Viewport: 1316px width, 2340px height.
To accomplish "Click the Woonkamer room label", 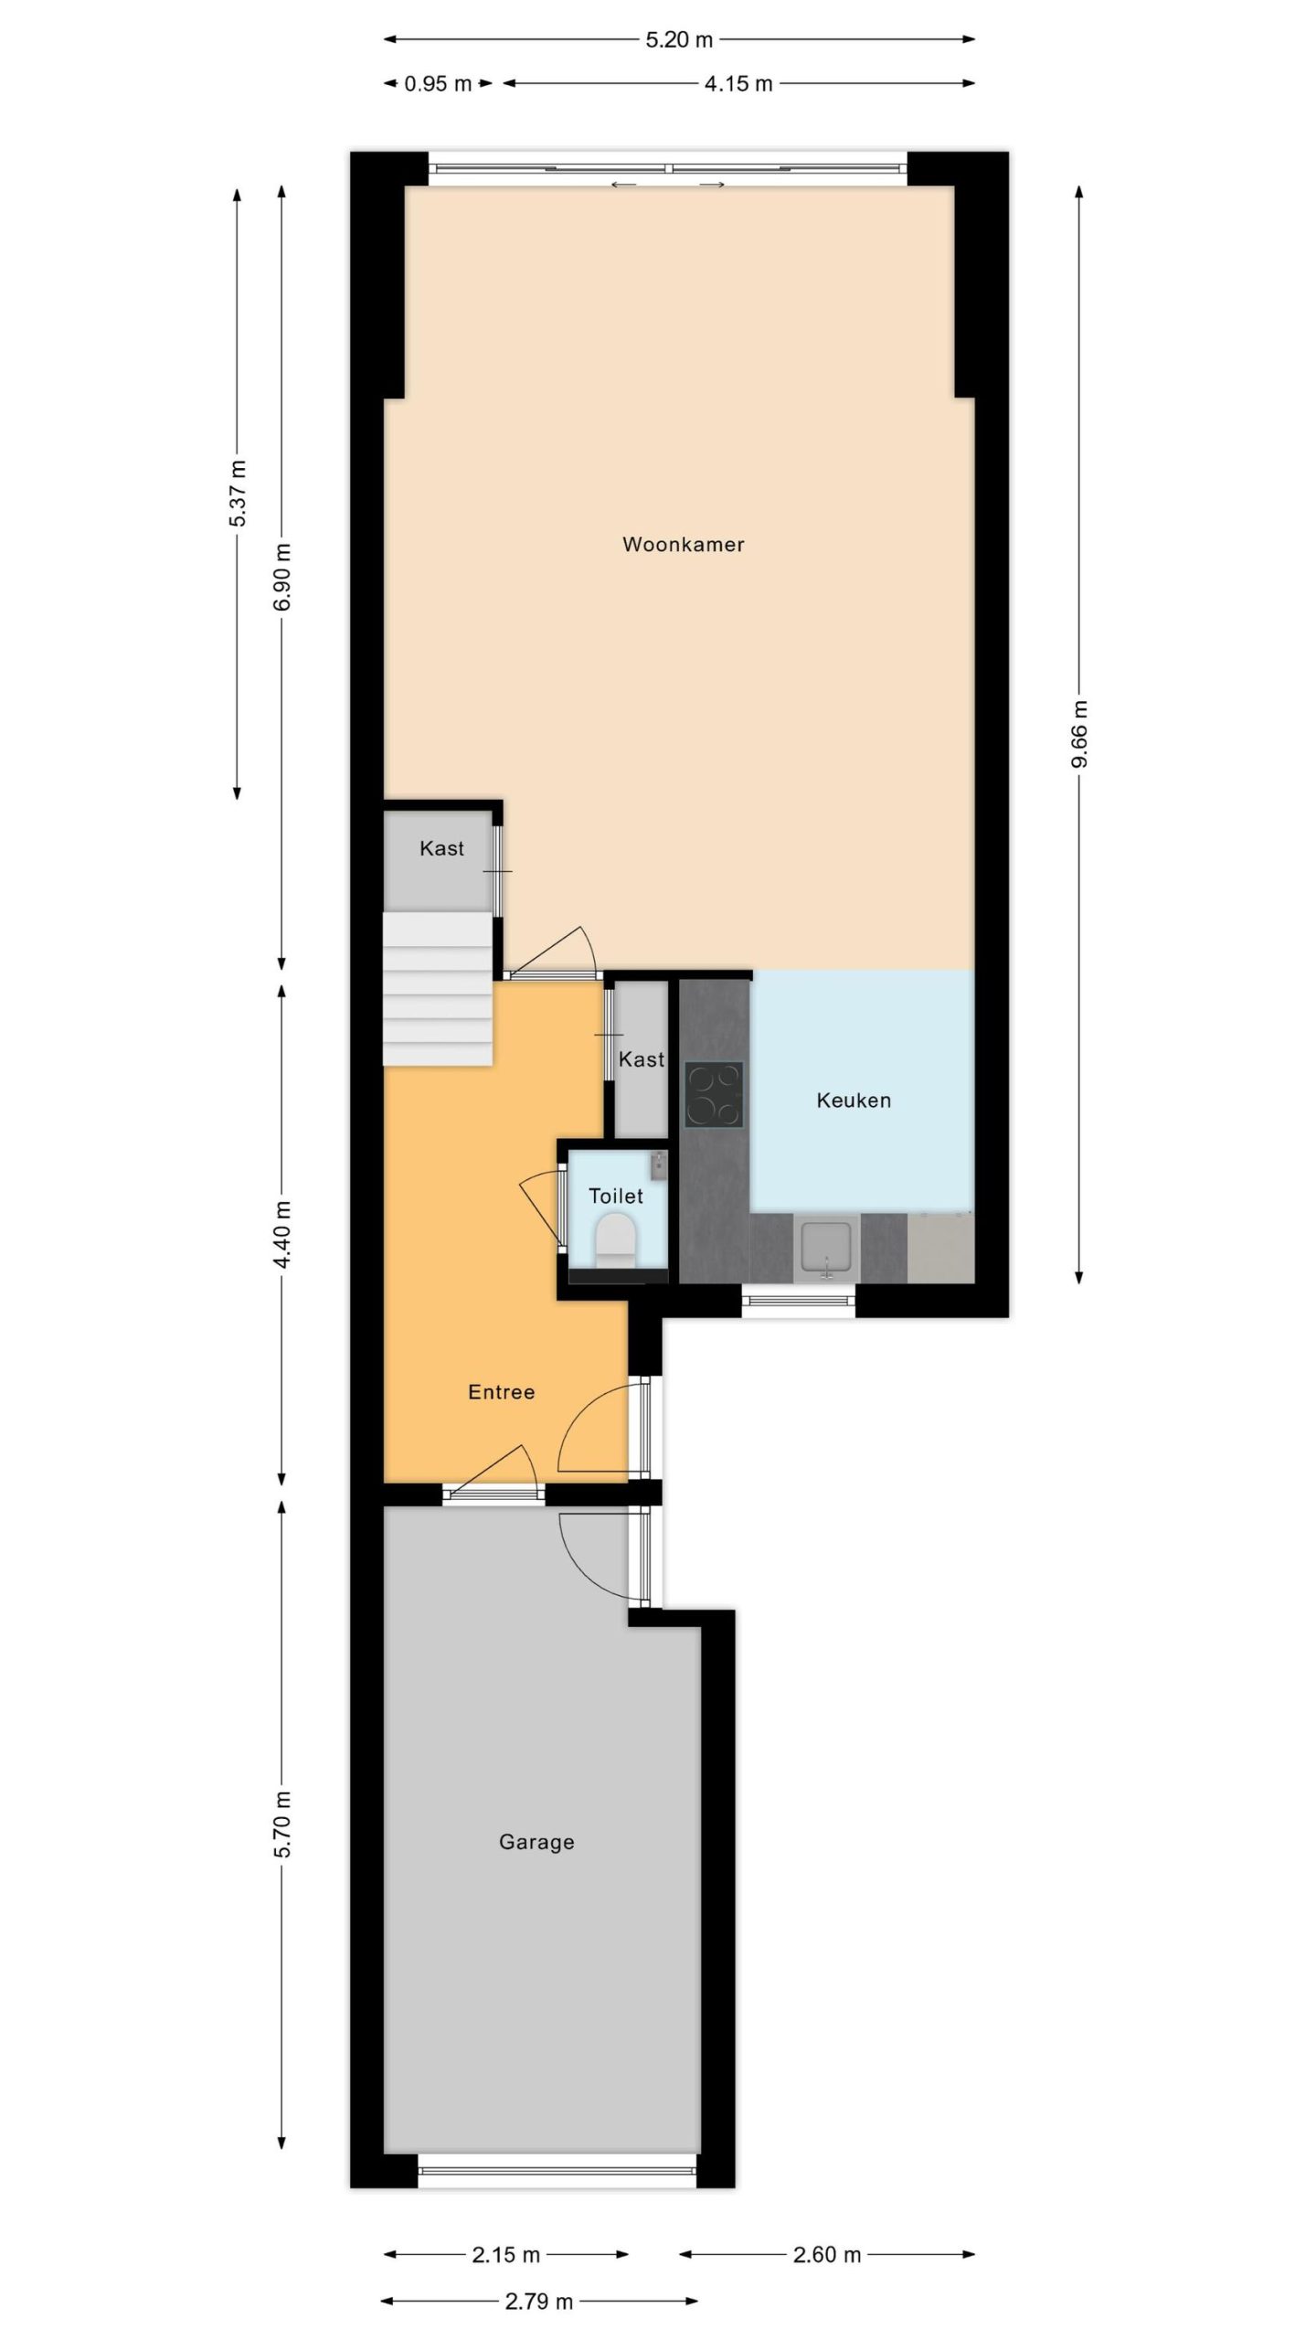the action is coord(683,545).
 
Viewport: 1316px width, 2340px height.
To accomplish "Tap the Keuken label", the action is coord(854,1101).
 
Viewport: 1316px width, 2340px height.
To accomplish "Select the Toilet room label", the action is coord(616,1196).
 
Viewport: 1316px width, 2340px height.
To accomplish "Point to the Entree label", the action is coord(501,1392).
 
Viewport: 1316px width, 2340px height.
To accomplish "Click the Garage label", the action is coord(536,1842).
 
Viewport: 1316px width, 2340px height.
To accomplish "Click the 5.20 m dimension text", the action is coord(679,39).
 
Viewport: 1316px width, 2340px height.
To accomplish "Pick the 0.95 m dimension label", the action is coord(438,84).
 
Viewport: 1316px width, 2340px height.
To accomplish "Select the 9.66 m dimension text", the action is coord(1079,734).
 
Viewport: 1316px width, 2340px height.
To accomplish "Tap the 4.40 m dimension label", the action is coord(282,1234).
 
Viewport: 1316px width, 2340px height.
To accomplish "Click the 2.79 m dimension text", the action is coord(539,2302).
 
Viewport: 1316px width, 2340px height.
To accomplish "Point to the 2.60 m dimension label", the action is coord(827,2255).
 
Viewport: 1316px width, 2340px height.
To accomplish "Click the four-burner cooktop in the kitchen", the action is coord(714,1094).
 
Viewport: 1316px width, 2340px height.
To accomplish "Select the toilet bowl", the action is coord(615,1239).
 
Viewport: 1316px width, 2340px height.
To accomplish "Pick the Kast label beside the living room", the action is coord(441,848).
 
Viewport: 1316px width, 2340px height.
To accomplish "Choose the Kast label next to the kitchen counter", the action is coord(642,1059).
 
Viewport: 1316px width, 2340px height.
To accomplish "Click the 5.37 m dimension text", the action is coord(238,494).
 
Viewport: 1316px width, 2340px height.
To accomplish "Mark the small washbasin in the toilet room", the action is coord(659,1164).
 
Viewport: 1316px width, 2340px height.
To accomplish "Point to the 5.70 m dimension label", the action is coord(282,1824).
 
